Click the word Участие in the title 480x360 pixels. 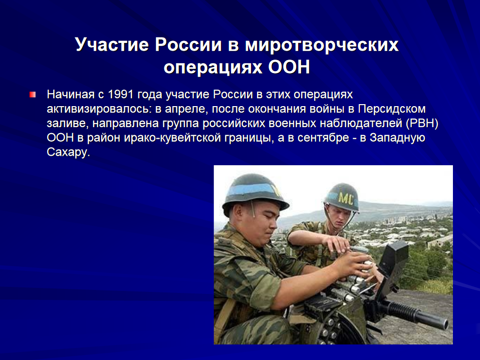click(112, 45)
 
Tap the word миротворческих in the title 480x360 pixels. click(322, 45)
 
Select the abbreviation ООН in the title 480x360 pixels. click(289, 67)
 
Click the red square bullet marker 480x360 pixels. click(33, 95)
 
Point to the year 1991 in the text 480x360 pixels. click(121, 94)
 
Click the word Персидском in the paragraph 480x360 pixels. click(392, 109)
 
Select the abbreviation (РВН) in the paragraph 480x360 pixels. click(422, 123)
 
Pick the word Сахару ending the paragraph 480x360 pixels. click(68, 152)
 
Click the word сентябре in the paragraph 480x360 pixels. click(323, 138)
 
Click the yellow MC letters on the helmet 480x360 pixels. click(346, 199)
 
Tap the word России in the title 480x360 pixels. click(188, 45)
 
